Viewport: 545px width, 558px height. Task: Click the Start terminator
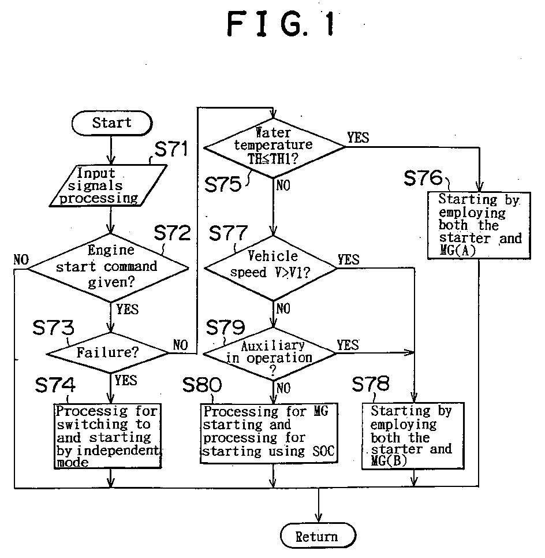click(x=111, y=123)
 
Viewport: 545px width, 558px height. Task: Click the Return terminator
click(x=317, y=535)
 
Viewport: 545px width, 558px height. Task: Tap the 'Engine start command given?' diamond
click(x=109, y=267)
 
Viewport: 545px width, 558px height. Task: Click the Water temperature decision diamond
click(x=274, y=147)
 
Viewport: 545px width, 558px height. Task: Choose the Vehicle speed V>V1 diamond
click(x=272, y=266)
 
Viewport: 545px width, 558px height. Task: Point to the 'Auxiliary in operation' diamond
click(x=271, y=352)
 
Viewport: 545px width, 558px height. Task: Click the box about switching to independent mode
click(x=107, y=436)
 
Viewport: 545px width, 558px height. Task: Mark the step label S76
click(x=423, y=178)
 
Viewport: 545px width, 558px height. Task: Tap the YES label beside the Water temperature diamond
click(x=358, y=137)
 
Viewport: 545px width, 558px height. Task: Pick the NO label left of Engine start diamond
click(x=21, y=259)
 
